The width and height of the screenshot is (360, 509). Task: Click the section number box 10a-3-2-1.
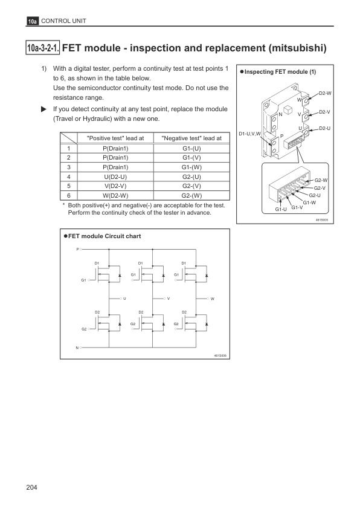42,48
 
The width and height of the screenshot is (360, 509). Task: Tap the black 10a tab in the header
32,21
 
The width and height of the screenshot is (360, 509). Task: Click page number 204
32,487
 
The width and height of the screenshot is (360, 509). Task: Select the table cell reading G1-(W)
191,167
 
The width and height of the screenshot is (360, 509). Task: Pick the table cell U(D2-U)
115,177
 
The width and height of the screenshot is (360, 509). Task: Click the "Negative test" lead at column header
191,138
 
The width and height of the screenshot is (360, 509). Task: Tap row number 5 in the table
69,186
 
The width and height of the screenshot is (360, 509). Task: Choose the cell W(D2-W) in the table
115,195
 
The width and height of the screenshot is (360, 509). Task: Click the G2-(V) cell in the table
191,186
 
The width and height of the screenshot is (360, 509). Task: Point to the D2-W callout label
325,93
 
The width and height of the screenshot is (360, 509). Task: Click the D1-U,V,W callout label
249,134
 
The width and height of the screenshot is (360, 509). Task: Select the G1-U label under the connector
281,209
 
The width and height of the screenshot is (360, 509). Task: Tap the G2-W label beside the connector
321,180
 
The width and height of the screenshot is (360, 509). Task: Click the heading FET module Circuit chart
104,236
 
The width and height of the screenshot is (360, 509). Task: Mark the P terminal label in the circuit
77,249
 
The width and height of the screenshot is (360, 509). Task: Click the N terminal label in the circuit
77,348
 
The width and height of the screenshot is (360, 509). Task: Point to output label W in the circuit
213,299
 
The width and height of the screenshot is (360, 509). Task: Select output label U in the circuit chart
124,299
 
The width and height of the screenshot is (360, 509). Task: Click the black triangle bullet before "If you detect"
43,109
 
